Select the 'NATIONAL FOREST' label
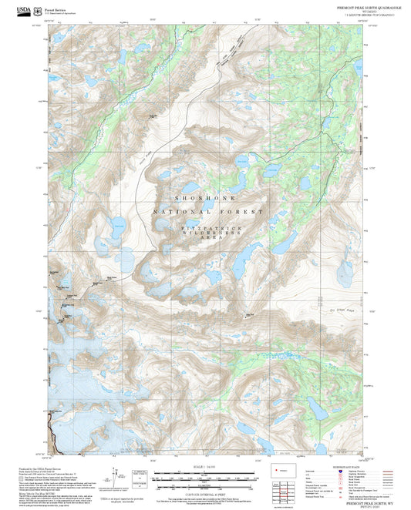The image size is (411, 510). pyautogui.click(x=207, y=211)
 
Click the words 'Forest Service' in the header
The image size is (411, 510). pyautogui.click(x=59, y=7)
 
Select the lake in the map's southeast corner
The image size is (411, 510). pyautogui.click(x=317, y=408)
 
